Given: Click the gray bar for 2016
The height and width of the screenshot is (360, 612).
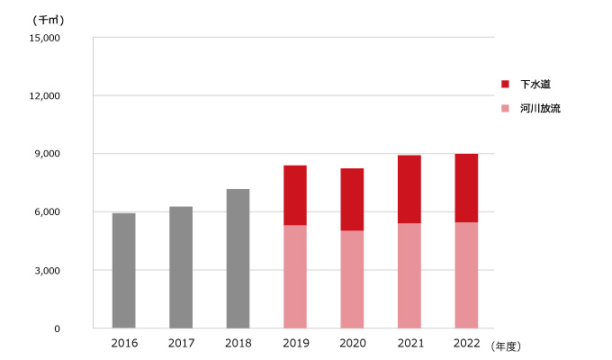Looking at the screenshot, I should [123, 270].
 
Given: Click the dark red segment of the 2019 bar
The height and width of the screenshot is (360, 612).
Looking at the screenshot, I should [294, 195].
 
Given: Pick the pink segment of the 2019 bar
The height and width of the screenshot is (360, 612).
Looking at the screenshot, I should [294, 276].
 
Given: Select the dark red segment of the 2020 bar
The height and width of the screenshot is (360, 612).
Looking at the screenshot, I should [352, 199].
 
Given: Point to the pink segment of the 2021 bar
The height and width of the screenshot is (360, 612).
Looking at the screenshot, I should [409, 275].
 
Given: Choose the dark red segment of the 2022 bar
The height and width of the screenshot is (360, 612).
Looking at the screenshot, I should [466, 188].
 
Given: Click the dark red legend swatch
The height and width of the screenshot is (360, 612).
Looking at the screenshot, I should [506, 84].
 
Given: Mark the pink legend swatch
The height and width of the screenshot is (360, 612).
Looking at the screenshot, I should [506, 108].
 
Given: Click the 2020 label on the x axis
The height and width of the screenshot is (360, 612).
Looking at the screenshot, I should [352, 344].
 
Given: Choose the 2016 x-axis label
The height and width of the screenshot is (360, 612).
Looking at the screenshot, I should [123, 344].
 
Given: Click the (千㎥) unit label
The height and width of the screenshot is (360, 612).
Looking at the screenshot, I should [47, 19].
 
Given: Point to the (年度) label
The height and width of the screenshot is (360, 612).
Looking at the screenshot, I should [507, 345].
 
